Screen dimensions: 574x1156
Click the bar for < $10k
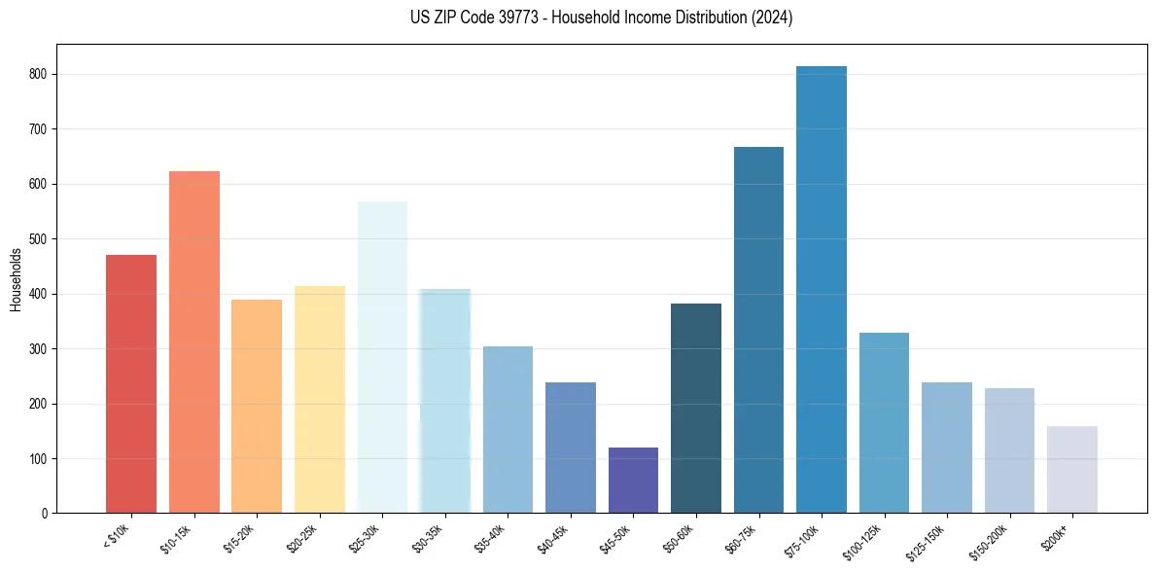point(131,384)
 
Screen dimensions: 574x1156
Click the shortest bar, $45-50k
point(633,481)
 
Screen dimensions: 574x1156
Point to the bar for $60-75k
point(758,330)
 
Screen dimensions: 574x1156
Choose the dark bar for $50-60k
point(696,409)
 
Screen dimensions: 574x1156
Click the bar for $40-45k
point(571,448)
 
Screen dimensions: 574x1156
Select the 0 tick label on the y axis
point(46,514)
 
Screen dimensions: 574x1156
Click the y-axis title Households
point(16,279)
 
